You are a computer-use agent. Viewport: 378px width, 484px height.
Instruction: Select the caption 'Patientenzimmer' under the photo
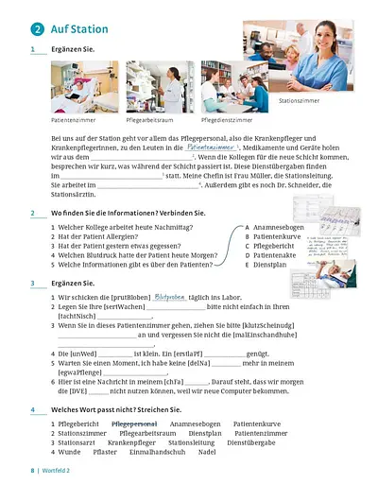tap(74, 121)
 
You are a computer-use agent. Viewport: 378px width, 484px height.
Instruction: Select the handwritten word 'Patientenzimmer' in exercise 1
tap(212, 147)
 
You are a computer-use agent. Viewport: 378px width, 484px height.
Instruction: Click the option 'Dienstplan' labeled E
tap(271, 266)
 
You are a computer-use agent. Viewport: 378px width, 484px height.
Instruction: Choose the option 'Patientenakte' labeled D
tap(276, 256)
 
